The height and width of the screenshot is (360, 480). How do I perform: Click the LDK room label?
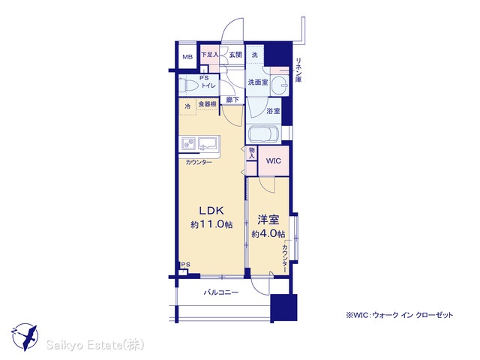[211, 211]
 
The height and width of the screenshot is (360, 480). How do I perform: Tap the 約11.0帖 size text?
[211, 224]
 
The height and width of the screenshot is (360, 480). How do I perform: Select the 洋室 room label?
[268, 220]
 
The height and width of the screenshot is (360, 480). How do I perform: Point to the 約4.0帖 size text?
[268, 234]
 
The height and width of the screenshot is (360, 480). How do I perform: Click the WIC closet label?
[273, 161]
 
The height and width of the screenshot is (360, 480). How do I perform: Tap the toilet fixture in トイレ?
[188, 85]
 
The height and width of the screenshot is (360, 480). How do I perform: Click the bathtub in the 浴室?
[264, 135]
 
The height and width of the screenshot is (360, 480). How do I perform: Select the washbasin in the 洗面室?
[280, 83]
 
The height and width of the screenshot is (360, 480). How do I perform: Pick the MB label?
[187, 57]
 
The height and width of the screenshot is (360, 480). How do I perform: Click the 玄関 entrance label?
[235, 55]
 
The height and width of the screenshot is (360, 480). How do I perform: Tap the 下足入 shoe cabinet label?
[210, 55]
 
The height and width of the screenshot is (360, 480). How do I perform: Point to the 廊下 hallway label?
[232, 100]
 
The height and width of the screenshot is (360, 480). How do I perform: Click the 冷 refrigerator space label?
[187, 106]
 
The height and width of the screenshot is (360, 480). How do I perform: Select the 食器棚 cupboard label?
[208, 104]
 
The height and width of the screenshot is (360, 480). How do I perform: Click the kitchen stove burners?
[189, 143]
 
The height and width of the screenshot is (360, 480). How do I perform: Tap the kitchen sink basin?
[208, 143]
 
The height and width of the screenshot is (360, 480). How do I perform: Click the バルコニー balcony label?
[221, 292]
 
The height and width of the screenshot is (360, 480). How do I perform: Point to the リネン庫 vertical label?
[298, 70]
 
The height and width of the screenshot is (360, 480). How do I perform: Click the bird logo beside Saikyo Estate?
[25, 337]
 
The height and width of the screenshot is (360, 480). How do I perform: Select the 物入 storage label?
[252, 153]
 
